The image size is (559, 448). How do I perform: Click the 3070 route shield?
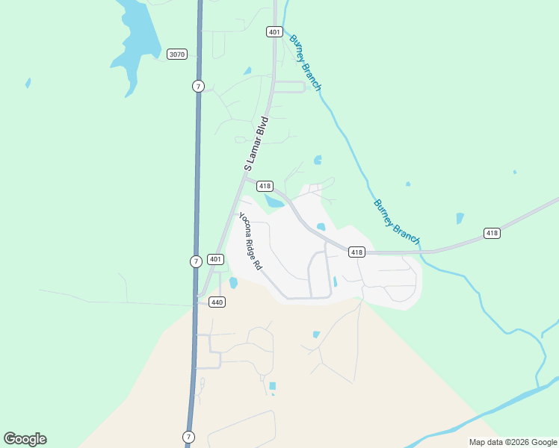tap(176, 54)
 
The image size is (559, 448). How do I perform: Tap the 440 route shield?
tap(217, 302)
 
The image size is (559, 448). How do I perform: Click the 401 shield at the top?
tap(274, 31)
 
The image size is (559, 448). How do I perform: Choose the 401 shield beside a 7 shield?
tap(215, 260)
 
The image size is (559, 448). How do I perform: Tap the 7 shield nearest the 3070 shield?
tap(197, 86)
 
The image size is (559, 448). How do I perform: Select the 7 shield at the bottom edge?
tap(188, 436)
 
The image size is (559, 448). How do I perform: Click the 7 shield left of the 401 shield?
tap(195, 261)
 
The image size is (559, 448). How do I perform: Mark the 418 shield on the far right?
tap(491, 233)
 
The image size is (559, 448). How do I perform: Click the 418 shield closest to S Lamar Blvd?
tap(265, 186)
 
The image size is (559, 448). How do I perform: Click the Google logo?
tap(25, 439)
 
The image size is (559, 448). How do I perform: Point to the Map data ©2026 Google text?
tap(513, 442)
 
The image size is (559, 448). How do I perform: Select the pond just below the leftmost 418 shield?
tap(274, 202)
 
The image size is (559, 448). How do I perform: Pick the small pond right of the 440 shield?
tap(233, 283)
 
